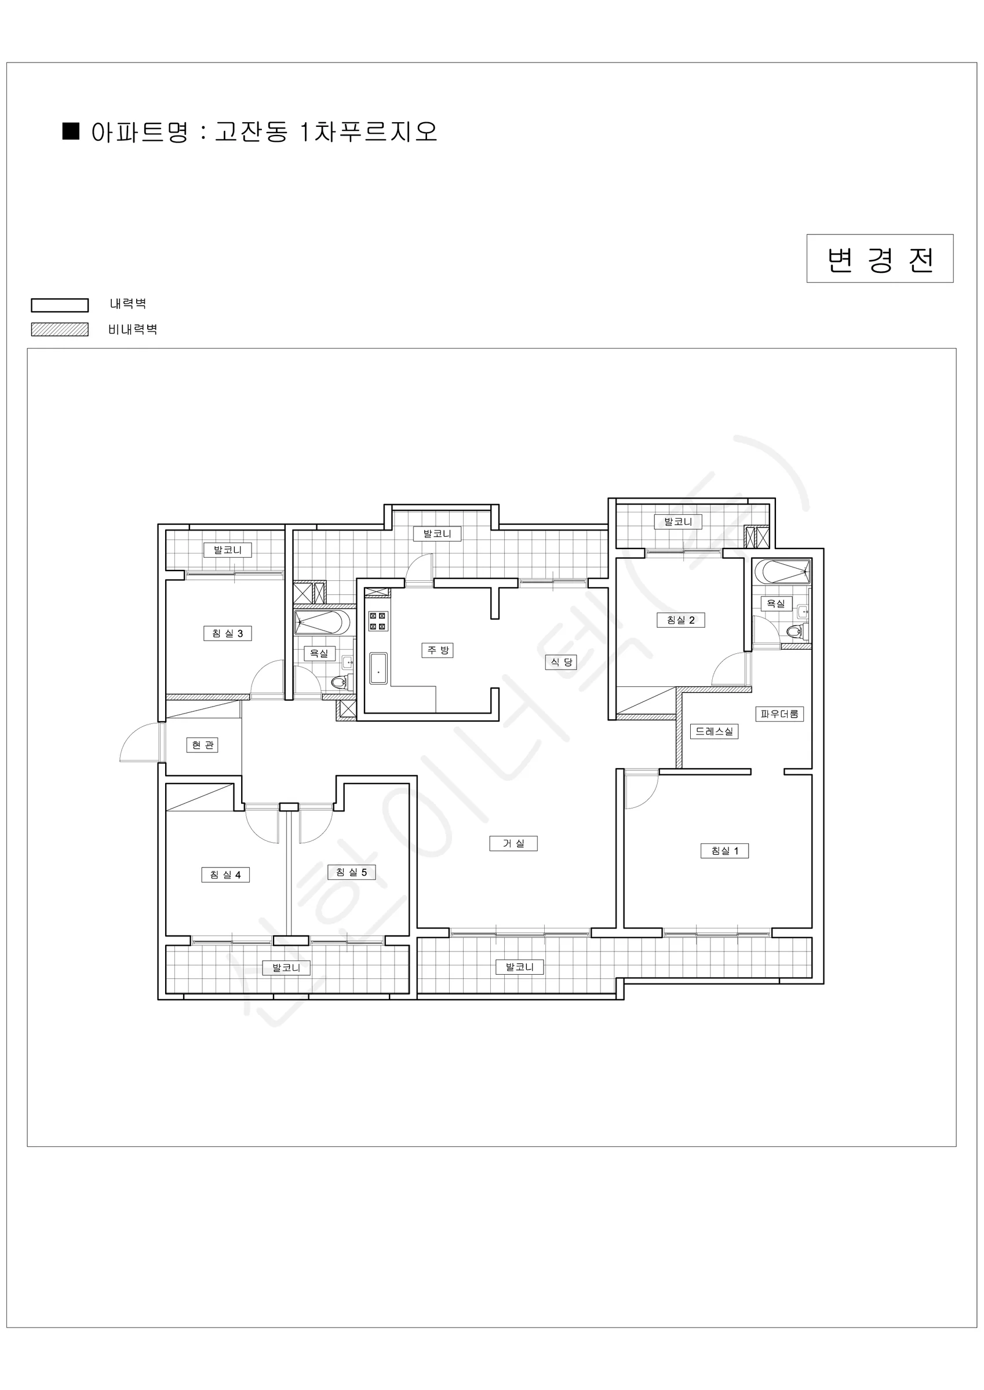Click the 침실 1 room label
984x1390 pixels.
724,851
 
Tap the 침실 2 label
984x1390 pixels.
681,620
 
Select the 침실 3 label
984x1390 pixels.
227,633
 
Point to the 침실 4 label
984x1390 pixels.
225,875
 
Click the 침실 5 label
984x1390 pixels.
351,872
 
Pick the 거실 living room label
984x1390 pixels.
514,843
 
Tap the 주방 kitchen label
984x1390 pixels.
438,650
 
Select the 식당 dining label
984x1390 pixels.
561,663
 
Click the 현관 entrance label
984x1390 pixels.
202,745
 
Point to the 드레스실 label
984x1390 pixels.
715,731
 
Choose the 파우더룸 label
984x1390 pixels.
779,714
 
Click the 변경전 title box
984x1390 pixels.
880,258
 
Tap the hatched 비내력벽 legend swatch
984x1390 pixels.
60,330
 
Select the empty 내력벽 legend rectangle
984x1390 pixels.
60,305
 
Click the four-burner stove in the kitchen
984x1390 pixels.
378,621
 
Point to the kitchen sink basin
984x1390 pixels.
378,668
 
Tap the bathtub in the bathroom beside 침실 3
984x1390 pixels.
322,623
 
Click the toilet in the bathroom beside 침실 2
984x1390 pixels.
796,631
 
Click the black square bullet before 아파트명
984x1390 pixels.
71,131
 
